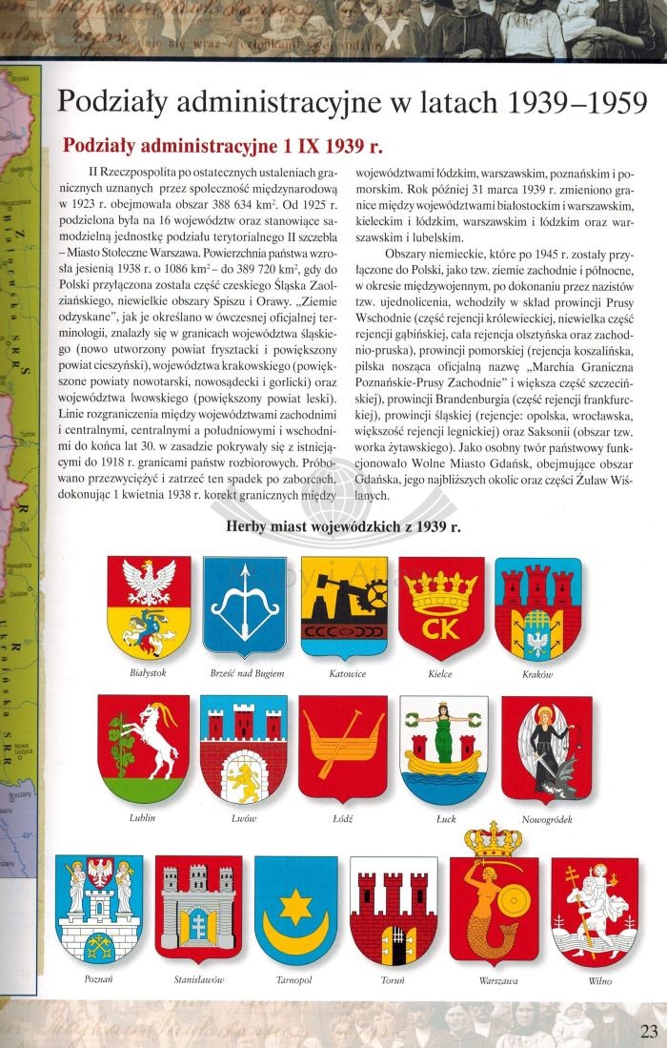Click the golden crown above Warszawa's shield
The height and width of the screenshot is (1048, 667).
pos(493,839)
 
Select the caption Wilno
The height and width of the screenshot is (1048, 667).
pos(599,979)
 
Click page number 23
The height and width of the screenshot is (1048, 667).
pos(647,1029)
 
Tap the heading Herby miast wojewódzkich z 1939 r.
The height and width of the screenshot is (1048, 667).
pos(343,527)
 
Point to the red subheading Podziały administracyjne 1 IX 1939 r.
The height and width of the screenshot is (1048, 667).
pos(221,147)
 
